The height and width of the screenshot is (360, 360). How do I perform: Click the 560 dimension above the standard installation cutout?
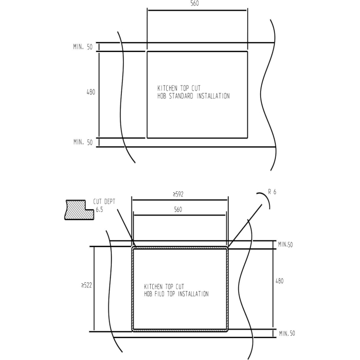194,4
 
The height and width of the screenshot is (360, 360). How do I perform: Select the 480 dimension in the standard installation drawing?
91,92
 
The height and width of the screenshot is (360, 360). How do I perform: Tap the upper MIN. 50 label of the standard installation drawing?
82,47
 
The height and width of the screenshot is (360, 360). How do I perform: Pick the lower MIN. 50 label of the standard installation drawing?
82,142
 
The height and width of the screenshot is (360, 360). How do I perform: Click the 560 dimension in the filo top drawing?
178,210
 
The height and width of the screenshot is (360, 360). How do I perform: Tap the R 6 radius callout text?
272,192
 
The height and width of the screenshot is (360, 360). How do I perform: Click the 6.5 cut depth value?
99,210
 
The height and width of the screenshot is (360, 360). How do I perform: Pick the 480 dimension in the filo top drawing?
280,281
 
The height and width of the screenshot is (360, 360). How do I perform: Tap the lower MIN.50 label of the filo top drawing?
287,334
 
